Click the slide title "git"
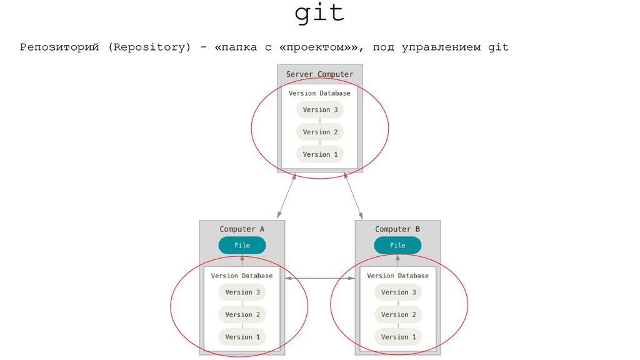point(319,14)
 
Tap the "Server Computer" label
point(319,74)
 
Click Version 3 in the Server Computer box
point(320,110)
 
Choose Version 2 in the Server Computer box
point(320,132)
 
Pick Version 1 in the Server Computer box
point(320,155)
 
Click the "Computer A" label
point(242,229)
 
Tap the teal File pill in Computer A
point(242,246)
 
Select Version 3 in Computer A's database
point(242,292)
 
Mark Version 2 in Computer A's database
point(242,315)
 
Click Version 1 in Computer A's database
point(242,337)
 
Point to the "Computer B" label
point(397,229)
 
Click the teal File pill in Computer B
point(397,246)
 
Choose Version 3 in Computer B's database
point(398,292)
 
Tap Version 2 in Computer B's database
point(398,315)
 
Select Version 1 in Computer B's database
point(398,337)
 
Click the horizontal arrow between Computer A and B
point(320,278)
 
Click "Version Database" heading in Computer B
point(397,276)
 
